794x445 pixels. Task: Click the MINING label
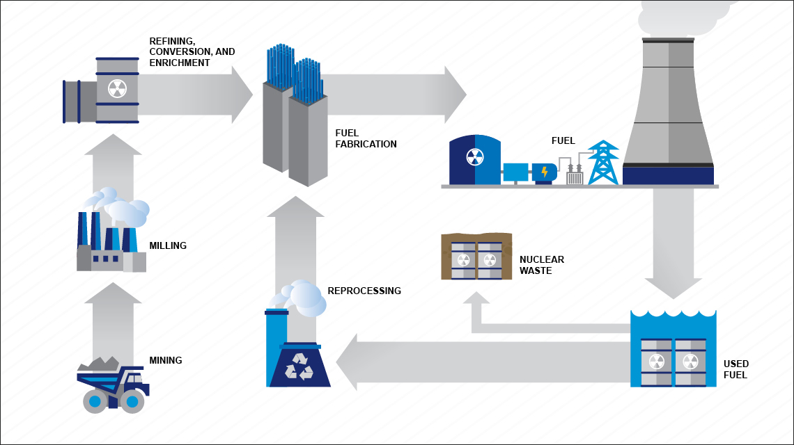click(166, 360)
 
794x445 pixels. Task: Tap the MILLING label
click(168, 245)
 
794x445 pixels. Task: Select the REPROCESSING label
click(364, 291)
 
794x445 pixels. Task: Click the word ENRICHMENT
click(180, 63)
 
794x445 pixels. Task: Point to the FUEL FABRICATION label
click(366, 139)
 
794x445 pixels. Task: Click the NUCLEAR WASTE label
click(542, 265)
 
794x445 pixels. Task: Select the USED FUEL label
click(735, 369)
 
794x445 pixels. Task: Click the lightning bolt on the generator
click(544, 171)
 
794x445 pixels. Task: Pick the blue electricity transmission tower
click(603, 163)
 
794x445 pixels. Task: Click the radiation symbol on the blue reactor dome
click(474, 157)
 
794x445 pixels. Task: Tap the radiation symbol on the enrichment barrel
click(117, 88)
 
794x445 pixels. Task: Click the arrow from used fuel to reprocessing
click(481, 362)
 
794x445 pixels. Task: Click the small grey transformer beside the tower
click(575, 177)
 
